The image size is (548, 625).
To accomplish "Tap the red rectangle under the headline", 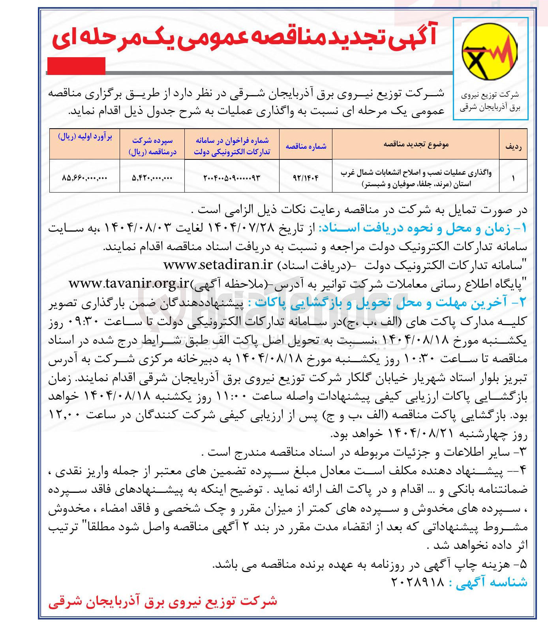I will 76,65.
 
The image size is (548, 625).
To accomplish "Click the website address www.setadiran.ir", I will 218,265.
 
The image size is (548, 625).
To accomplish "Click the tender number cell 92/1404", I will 306,178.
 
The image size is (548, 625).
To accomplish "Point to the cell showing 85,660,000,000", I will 84,178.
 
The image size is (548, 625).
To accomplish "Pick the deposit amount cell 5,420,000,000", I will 152,178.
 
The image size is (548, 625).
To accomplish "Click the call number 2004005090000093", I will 232,178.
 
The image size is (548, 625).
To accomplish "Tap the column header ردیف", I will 513,146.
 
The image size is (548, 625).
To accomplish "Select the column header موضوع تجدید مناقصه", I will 416,144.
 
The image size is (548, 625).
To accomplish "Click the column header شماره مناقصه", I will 306,146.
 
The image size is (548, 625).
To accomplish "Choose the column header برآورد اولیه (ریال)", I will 85,137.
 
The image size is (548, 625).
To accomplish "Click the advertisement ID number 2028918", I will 418,582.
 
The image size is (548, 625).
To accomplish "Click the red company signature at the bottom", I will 163,602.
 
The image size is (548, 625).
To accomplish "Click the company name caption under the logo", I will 490,101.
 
